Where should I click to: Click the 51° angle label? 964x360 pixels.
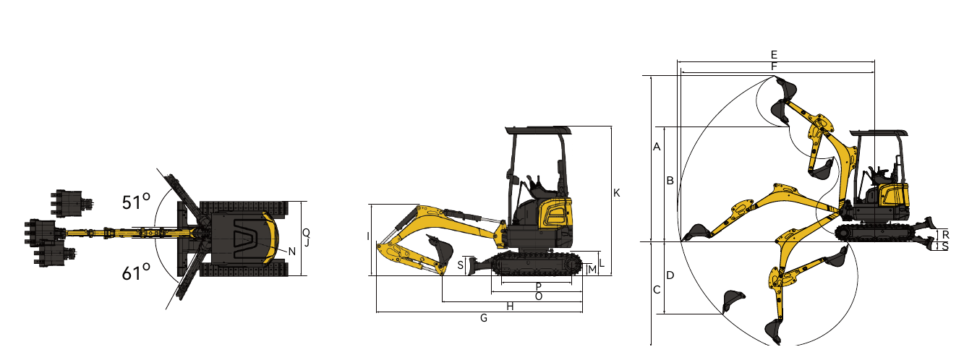coord(136,202)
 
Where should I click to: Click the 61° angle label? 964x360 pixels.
coord(136,273)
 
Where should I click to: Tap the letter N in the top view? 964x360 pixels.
coord(291,252)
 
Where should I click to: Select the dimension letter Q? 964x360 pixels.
coord(306,233)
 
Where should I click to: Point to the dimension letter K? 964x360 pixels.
coord(616,193)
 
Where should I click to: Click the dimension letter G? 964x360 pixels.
coord(484,318)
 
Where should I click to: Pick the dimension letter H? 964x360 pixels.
coord(510,307)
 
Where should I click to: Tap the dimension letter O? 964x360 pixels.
coord(538,296)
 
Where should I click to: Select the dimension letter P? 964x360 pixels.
coord(538,286)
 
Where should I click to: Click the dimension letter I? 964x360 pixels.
coord(368,236)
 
